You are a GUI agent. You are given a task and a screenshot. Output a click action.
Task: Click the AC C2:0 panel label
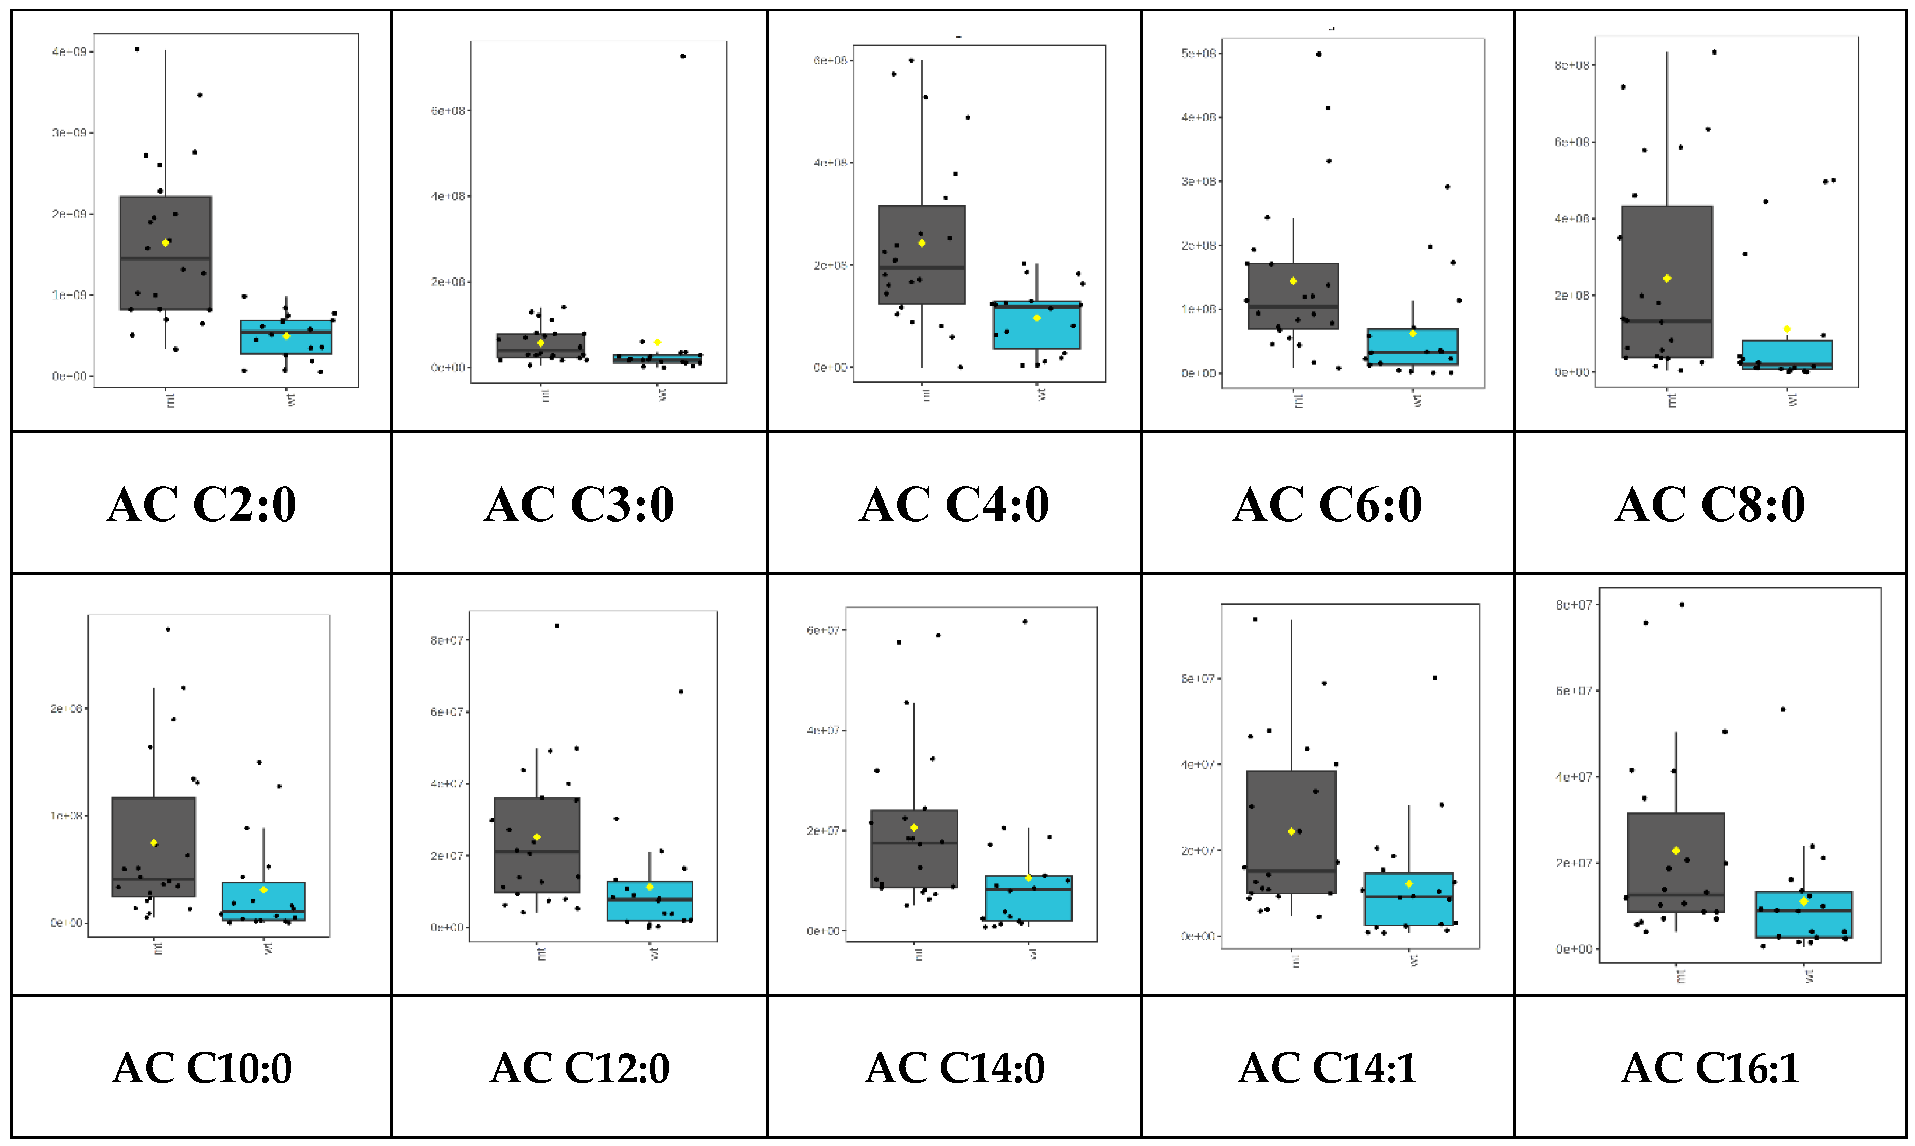(201, 505)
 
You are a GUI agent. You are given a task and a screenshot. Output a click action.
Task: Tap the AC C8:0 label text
(1710, 505)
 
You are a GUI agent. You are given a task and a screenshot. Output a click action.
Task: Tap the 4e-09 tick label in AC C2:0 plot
(68, 51)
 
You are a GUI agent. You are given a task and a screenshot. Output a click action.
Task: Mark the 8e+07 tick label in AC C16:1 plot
(1573, 604)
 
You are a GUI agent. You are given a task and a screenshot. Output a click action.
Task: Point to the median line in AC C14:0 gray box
(914, 842)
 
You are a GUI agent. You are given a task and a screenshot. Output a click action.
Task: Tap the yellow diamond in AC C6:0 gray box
(1293, 281)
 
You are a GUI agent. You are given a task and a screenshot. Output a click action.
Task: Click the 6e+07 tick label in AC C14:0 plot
(823, 630)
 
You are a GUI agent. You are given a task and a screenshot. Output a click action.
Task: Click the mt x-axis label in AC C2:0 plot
(170, 400)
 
